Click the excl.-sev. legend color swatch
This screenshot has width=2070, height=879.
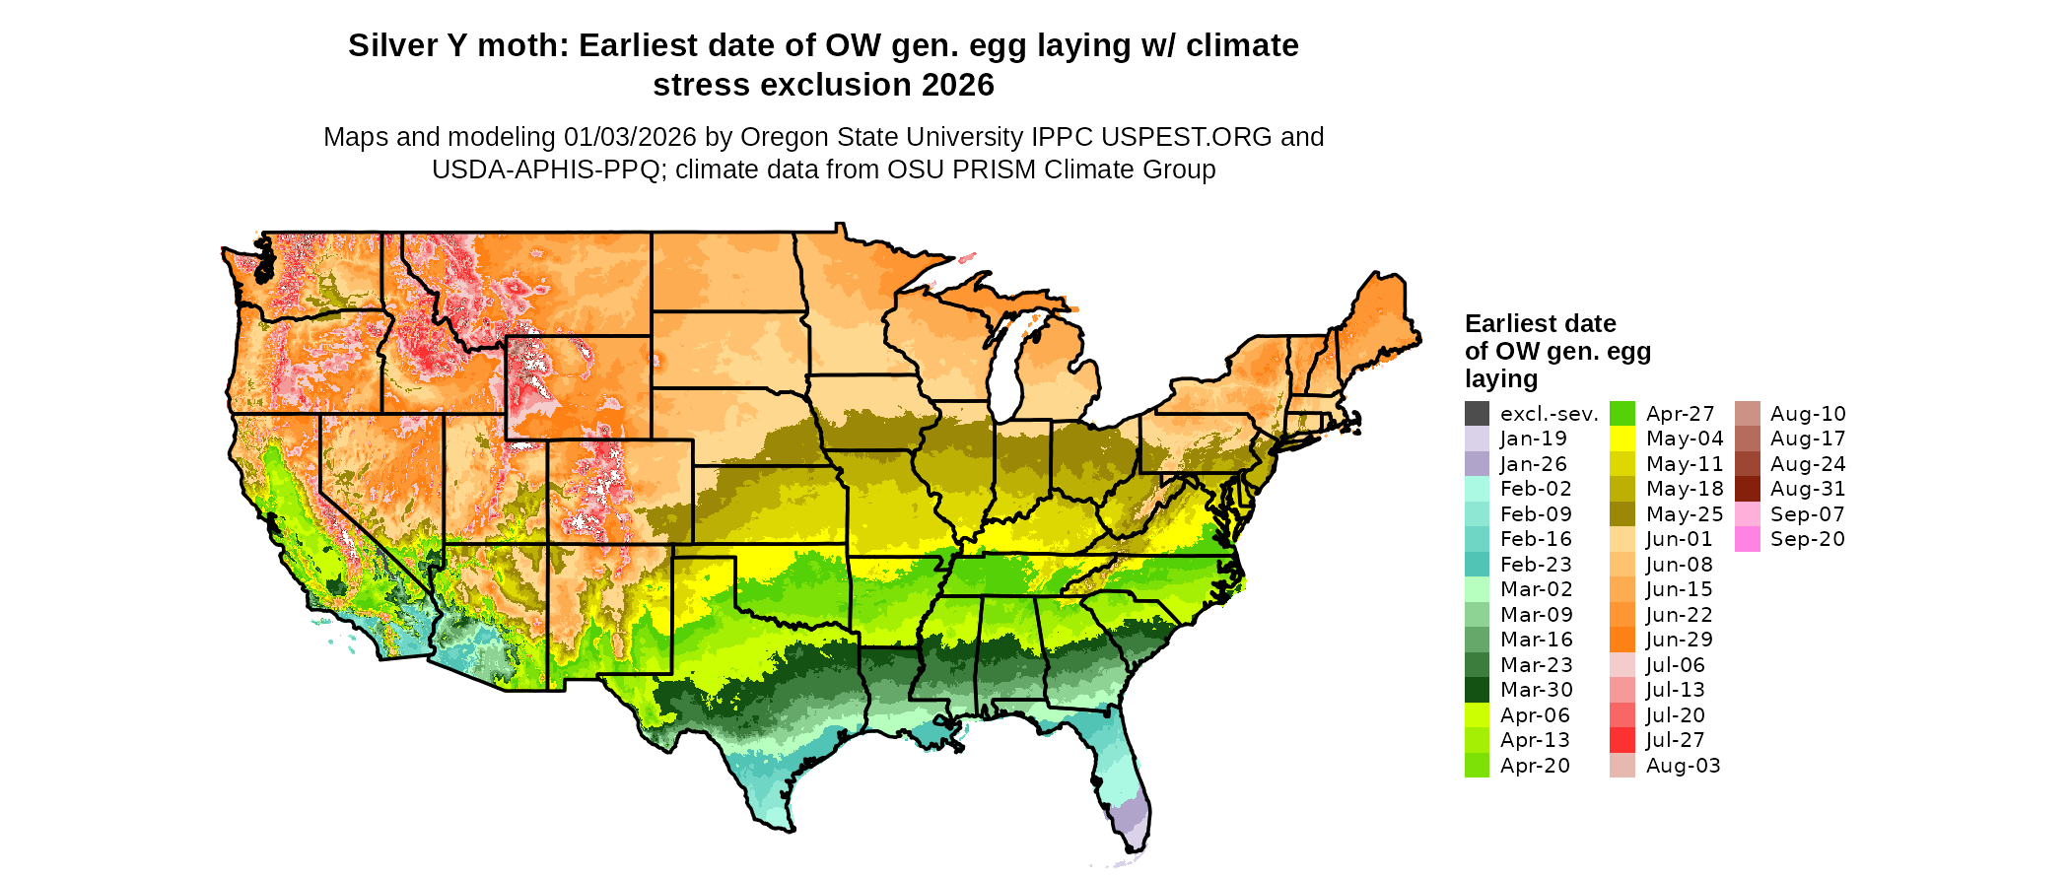[1477, 414]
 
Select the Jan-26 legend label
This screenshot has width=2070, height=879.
[1533, 464]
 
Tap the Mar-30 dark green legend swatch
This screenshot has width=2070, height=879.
[1477, 690]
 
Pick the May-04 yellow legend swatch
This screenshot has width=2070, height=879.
[1622, 439]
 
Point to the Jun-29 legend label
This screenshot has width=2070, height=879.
[1679, 640]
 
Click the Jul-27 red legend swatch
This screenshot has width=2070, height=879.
[1622, 740]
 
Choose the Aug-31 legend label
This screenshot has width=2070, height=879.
[1808, 489]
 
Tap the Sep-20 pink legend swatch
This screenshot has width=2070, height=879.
[1748, 539]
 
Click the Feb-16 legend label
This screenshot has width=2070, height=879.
[1536, 539]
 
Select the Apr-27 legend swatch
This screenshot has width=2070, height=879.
[1622, 414]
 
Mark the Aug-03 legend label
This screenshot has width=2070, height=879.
[1683, 766]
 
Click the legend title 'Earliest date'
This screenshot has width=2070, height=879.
[1540, 323]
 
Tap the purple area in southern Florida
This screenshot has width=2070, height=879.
[1132, 817]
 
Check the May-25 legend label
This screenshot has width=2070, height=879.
[1684, 514]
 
